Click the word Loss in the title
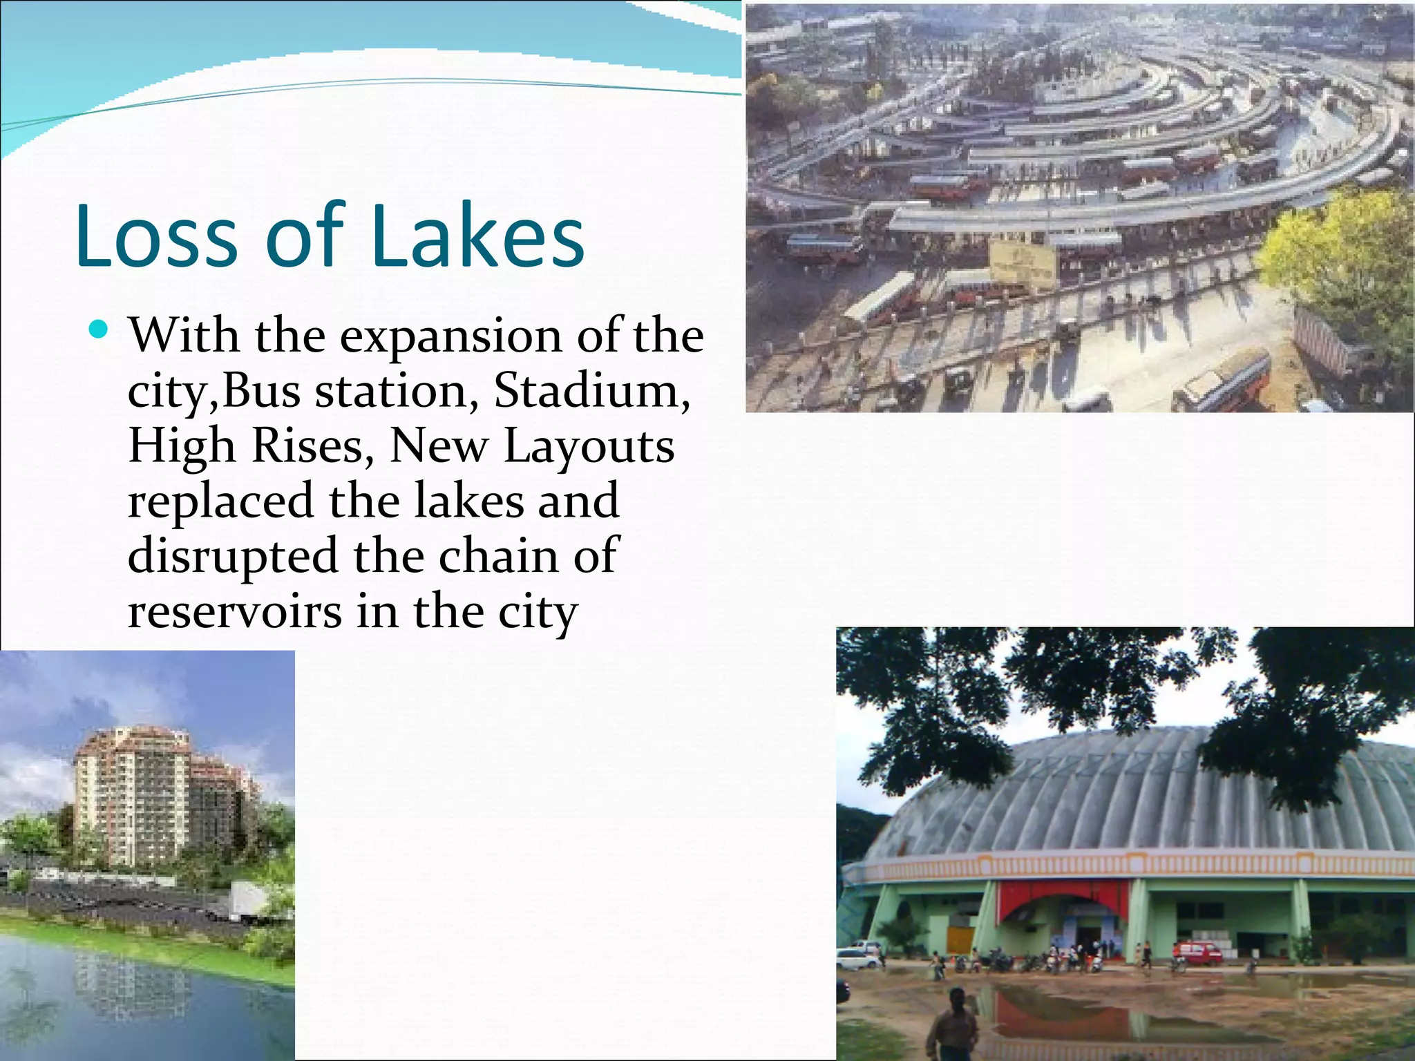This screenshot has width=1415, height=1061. coord(162,236)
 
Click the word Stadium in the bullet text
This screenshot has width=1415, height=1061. coord(591,392)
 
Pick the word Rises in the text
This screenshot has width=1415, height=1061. coord(307,446)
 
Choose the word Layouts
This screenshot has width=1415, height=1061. coord(589,448)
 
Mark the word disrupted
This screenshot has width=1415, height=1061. coord(233,557)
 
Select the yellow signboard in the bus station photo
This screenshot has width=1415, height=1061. coord(1023,262)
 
